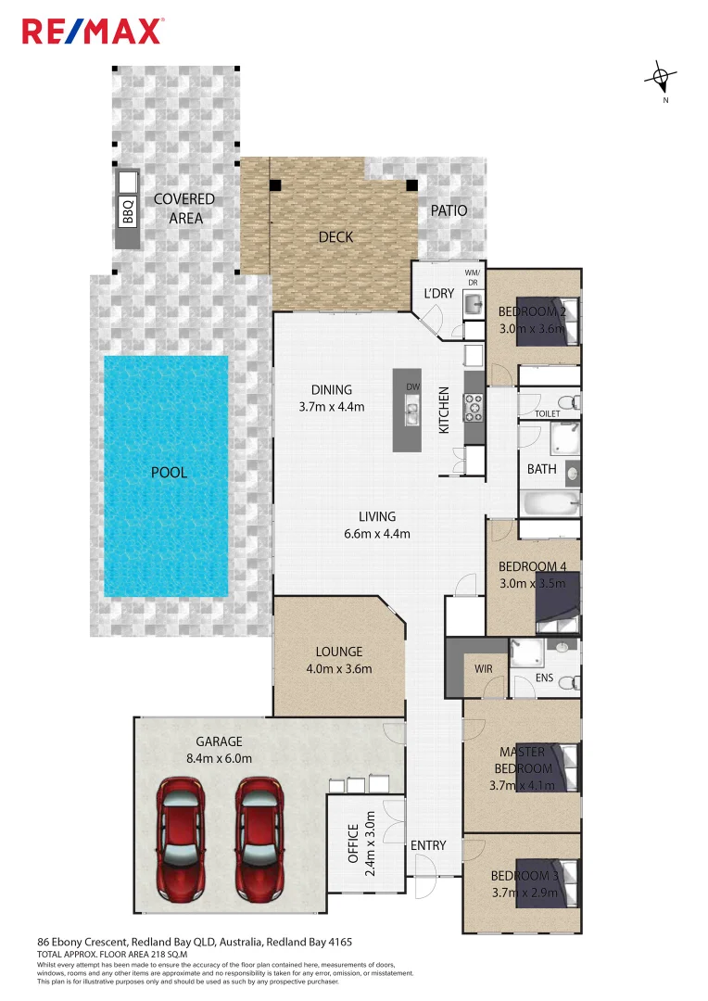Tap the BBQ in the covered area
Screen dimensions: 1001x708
coord(128,209)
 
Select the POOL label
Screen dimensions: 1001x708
coord(169,473)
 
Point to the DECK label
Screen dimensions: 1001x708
coord(335,237)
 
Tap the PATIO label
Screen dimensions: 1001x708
coord(449,210)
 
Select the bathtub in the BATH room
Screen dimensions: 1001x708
coord(550,501)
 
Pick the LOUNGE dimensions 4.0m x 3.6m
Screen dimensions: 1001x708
coord(338,668)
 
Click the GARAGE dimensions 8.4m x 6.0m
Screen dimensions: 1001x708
coord(219,758)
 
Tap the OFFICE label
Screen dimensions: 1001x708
coord(353,843)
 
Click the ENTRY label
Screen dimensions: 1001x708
coord(428,845)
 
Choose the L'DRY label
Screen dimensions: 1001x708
coord(438,293)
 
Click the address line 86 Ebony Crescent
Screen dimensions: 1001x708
coord(195,940)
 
